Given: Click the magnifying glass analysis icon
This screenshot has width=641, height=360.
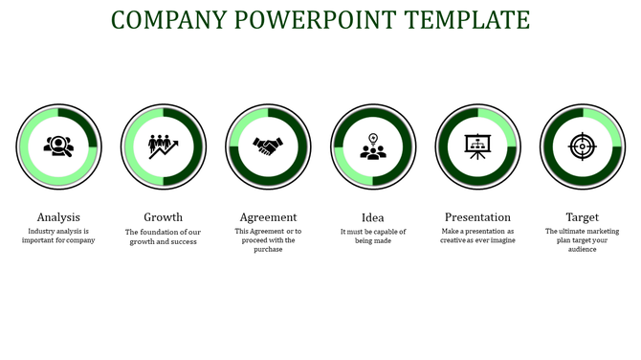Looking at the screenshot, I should [x=58, y=146].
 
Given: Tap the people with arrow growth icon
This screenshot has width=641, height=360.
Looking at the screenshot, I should [x=164, y=146].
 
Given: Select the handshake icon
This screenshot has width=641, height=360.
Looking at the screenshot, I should [x=268, y=146].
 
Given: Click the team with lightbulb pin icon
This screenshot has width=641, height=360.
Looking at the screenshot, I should [x=373, y=146].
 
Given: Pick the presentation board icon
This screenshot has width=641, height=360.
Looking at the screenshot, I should [x=477, y=146].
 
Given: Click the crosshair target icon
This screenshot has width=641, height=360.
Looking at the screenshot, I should [x=582, y=146].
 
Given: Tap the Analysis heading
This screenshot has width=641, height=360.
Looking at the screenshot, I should [x=58, y=217].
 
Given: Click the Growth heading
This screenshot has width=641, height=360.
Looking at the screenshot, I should [x=164, y=217].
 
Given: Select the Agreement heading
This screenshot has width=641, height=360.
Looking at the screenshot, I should [x=268, y=217].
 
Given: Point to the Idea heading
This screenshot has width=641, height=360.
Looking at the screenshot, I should [x=373, y=217].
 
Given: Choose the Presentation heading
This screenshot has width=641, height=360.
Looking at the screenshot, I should [x=477, y=217].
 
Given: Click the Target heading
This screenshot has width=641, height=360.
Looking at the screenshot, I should [x=582, y=217].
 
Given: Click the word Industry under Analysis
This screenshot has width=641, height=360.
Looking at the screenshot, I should [x=44, y=232].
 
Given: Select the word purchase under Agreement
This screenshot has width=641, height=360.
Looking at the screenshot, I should [x=268, y=249].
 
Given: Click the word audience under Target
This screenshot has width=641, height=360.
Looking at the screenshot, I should [x=582, y=249].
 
